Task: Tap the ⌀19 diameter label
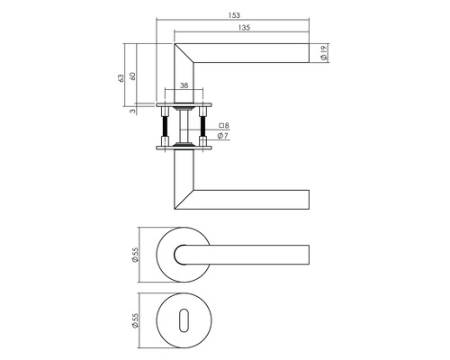(x=324, y=53)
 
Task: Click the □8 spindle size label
(x=224, y=126)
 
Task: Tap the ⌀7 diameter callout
(x=224, y=137)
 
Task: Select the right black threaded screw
(x=203, y=127)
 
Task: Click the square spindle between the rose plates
(x=185, y=126)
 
